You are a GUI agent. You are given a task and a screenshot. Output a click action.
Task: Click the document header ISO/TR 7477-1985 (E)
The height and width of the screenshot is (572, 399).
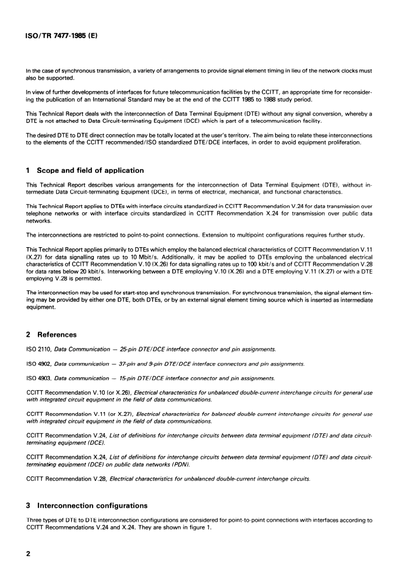[62, 37]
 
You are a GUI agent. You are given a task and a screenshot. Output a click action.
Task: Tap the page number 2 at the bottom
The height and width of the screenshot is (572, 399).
[28, 554]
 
